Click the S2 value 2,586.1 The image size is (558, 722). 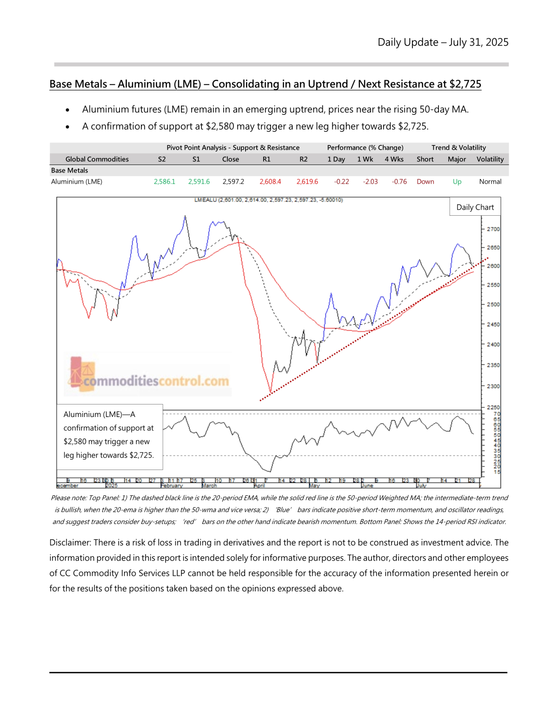coord(164,182)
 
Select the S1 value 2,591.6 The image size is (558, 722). coord(199,182)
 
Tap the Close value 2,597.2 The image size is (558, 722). coord(233,182)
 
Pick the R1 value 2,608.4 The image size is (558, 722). coord(270,182)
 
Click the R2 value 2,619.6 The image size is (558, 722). coord(307,182)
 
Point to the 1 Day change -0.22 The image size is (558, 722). coord(341,182)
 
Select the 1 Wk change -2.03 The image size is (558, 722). coord(370,182)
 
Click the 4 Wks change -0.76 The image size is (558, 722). coord(399,182)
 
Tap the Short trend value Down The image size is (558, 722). coord(425,182)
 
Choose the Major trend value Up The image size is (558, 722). coord(457,182)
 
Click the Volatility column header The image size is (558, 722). coord(490,159)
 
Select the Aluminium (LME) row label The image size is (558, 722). coord(77,182)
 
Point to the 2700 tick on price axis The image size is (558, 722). coord(493,229)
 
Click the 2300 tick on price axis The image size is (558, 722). coord(493,386)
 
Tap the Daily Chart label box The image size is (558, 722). coord(475,207)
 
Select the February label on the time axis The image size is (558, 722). coord(172,486)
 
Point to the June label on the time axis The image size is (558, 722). coord(367,486)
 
